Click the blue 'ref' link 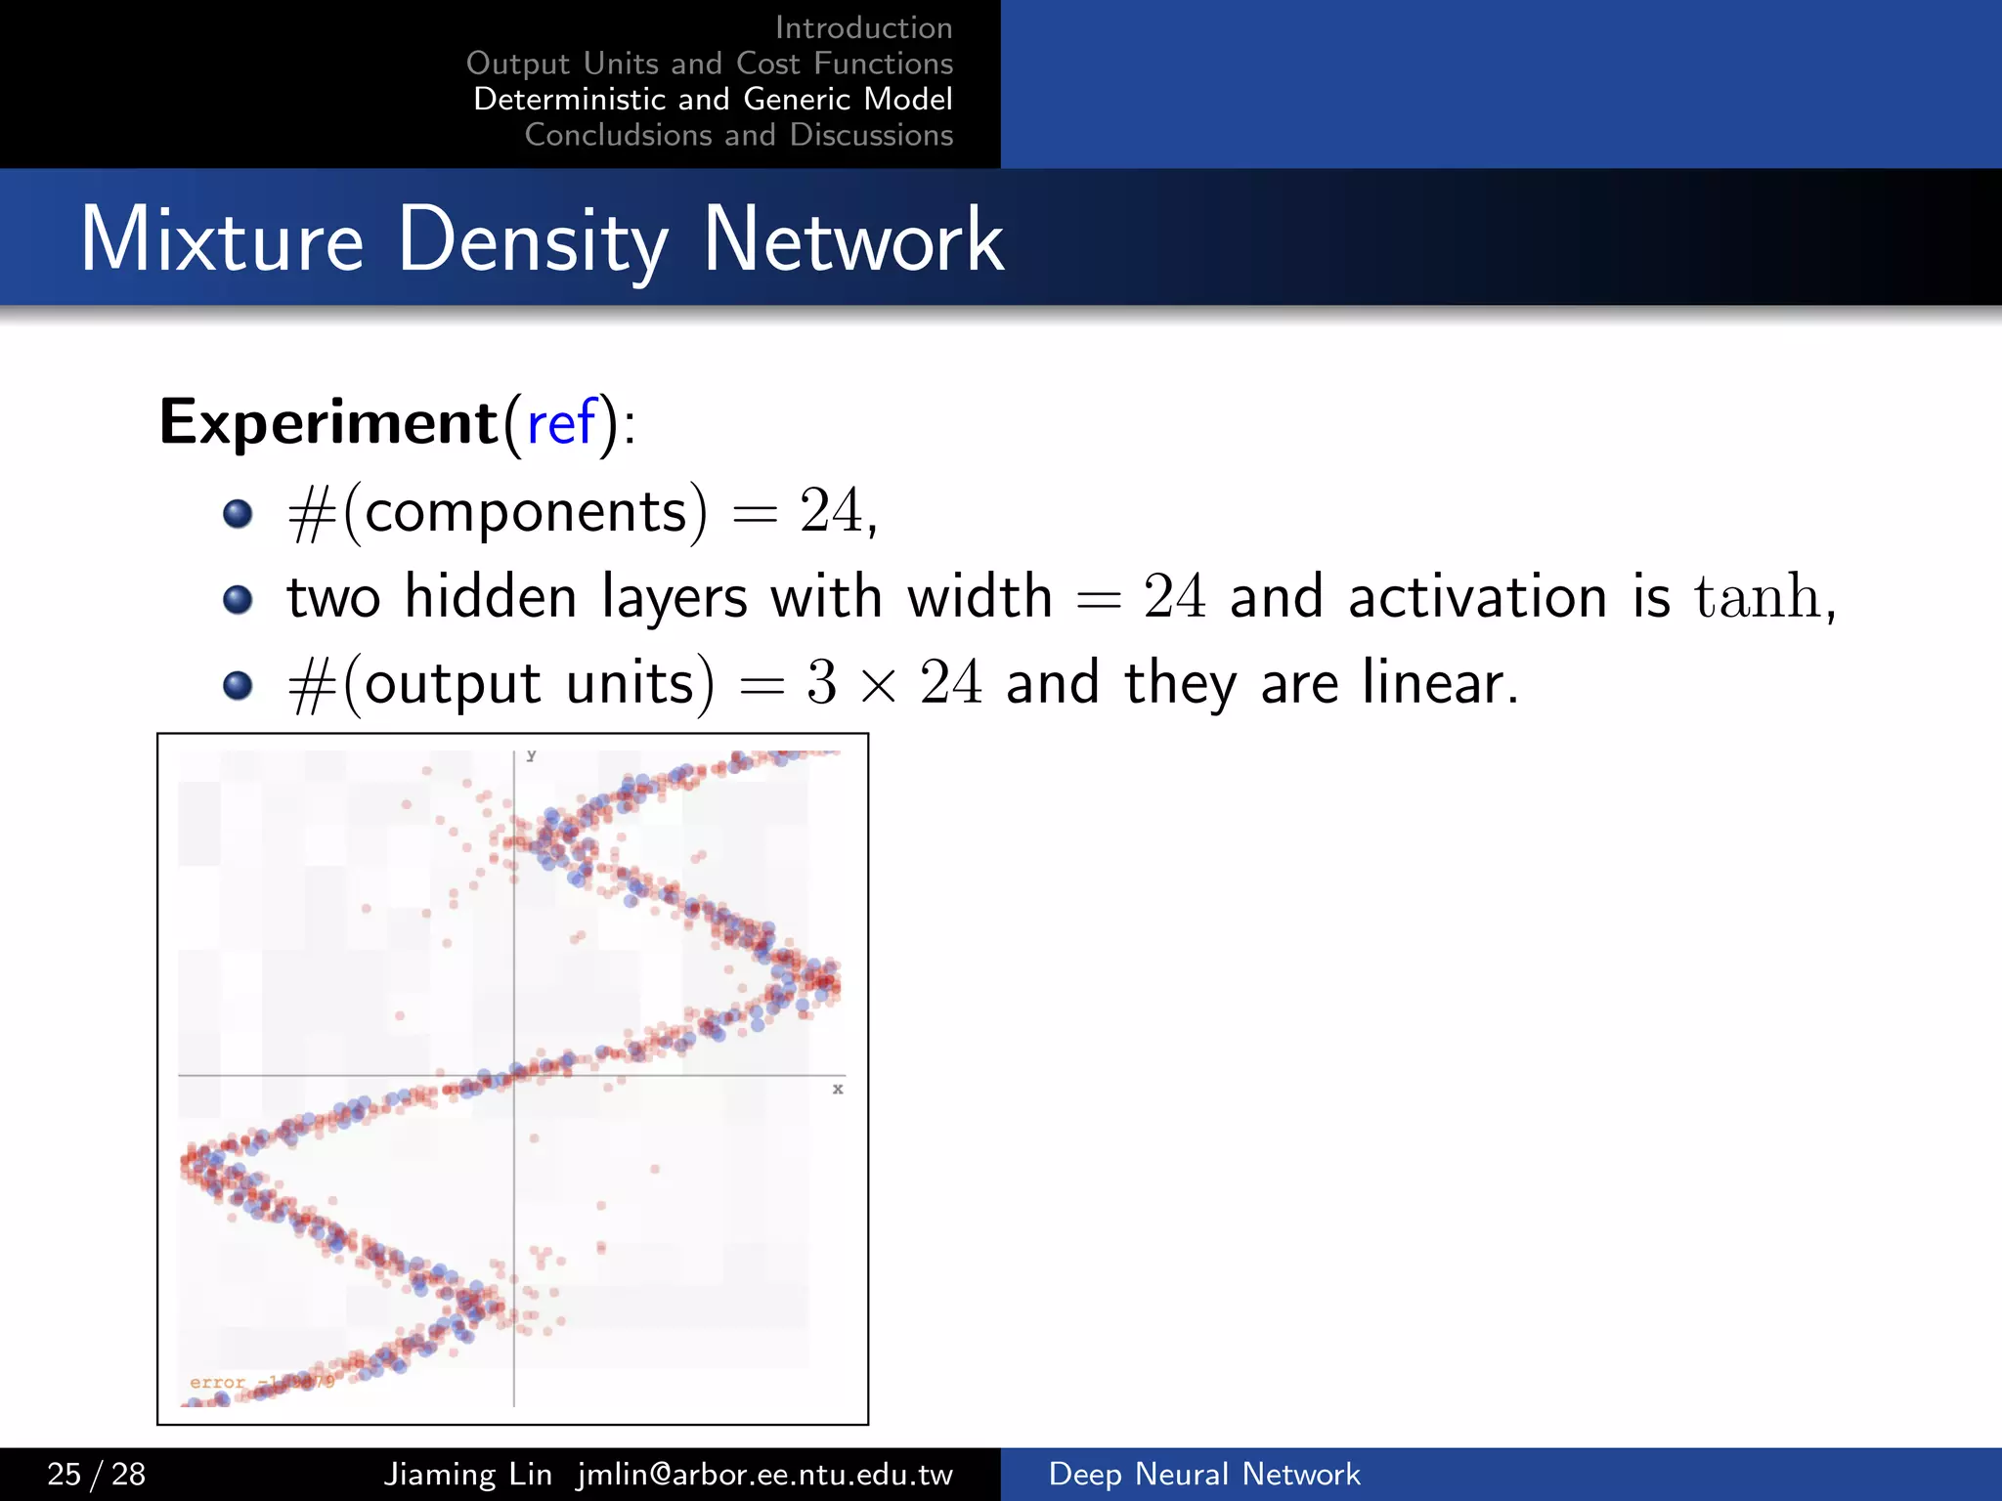tap(561, 423)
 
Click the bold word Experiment tap(328, 423)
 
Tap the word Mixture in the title tap(222, 239)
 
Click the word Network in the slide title tap(852, 239)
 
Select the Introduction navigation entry tap(863, 27)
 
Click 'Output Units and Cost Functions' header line tap(709, 64)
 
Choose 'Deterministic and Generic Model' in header tap(713, 99)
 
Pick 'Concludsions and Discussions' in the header tap(738, 135)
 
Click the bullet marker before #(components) tap(238, 513)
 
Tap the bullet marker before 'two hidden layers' tap(238, 598)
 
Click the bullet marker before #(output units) tap(238, 684)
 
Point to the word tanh tap(1757, 596)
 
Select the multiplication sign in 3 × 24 tap(878, 684)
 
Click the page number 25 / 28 tap(96, 1474)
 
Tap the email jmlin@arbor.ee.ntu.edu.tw tap(764, 1474)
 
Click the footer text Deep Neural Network tap(1203, 1474)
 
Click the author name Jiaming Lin tap(467, 1474)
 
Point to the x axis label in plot tap(838, 1089)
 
